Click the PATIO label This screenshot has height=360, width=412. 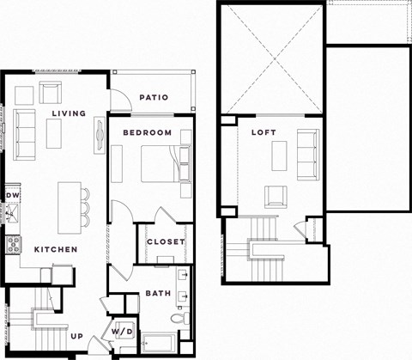pyautogui.click(x=154, y=98)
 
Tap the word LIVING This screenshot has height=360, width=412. pyautogui.click(x=68, y=114)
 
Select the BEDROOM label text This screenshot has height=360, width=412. pyautogui.click(x=147, y=133)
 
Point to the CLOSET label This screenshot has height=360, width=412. pyautogui.click(x=166, y=242)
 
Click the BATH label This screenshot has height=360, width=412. pyautogui.click(x=158, y=294)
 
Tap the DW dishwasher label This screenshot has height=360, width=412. pyautogui.click(x=12, y=196)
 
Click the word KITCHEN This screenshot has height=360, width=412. pyautogui.click(x=56, y=249)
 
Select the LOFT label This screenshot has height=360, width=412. pyautogui.click(x=264, y=133)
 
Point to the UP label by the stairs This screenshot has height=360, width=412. pyautogui.click(x=76, y=336)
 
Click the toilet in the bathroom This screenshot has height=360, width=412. pyautogui.click(x=178, y=319)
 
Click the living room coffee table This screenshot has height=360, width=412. pyautogui.click(x=57, y=131)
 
